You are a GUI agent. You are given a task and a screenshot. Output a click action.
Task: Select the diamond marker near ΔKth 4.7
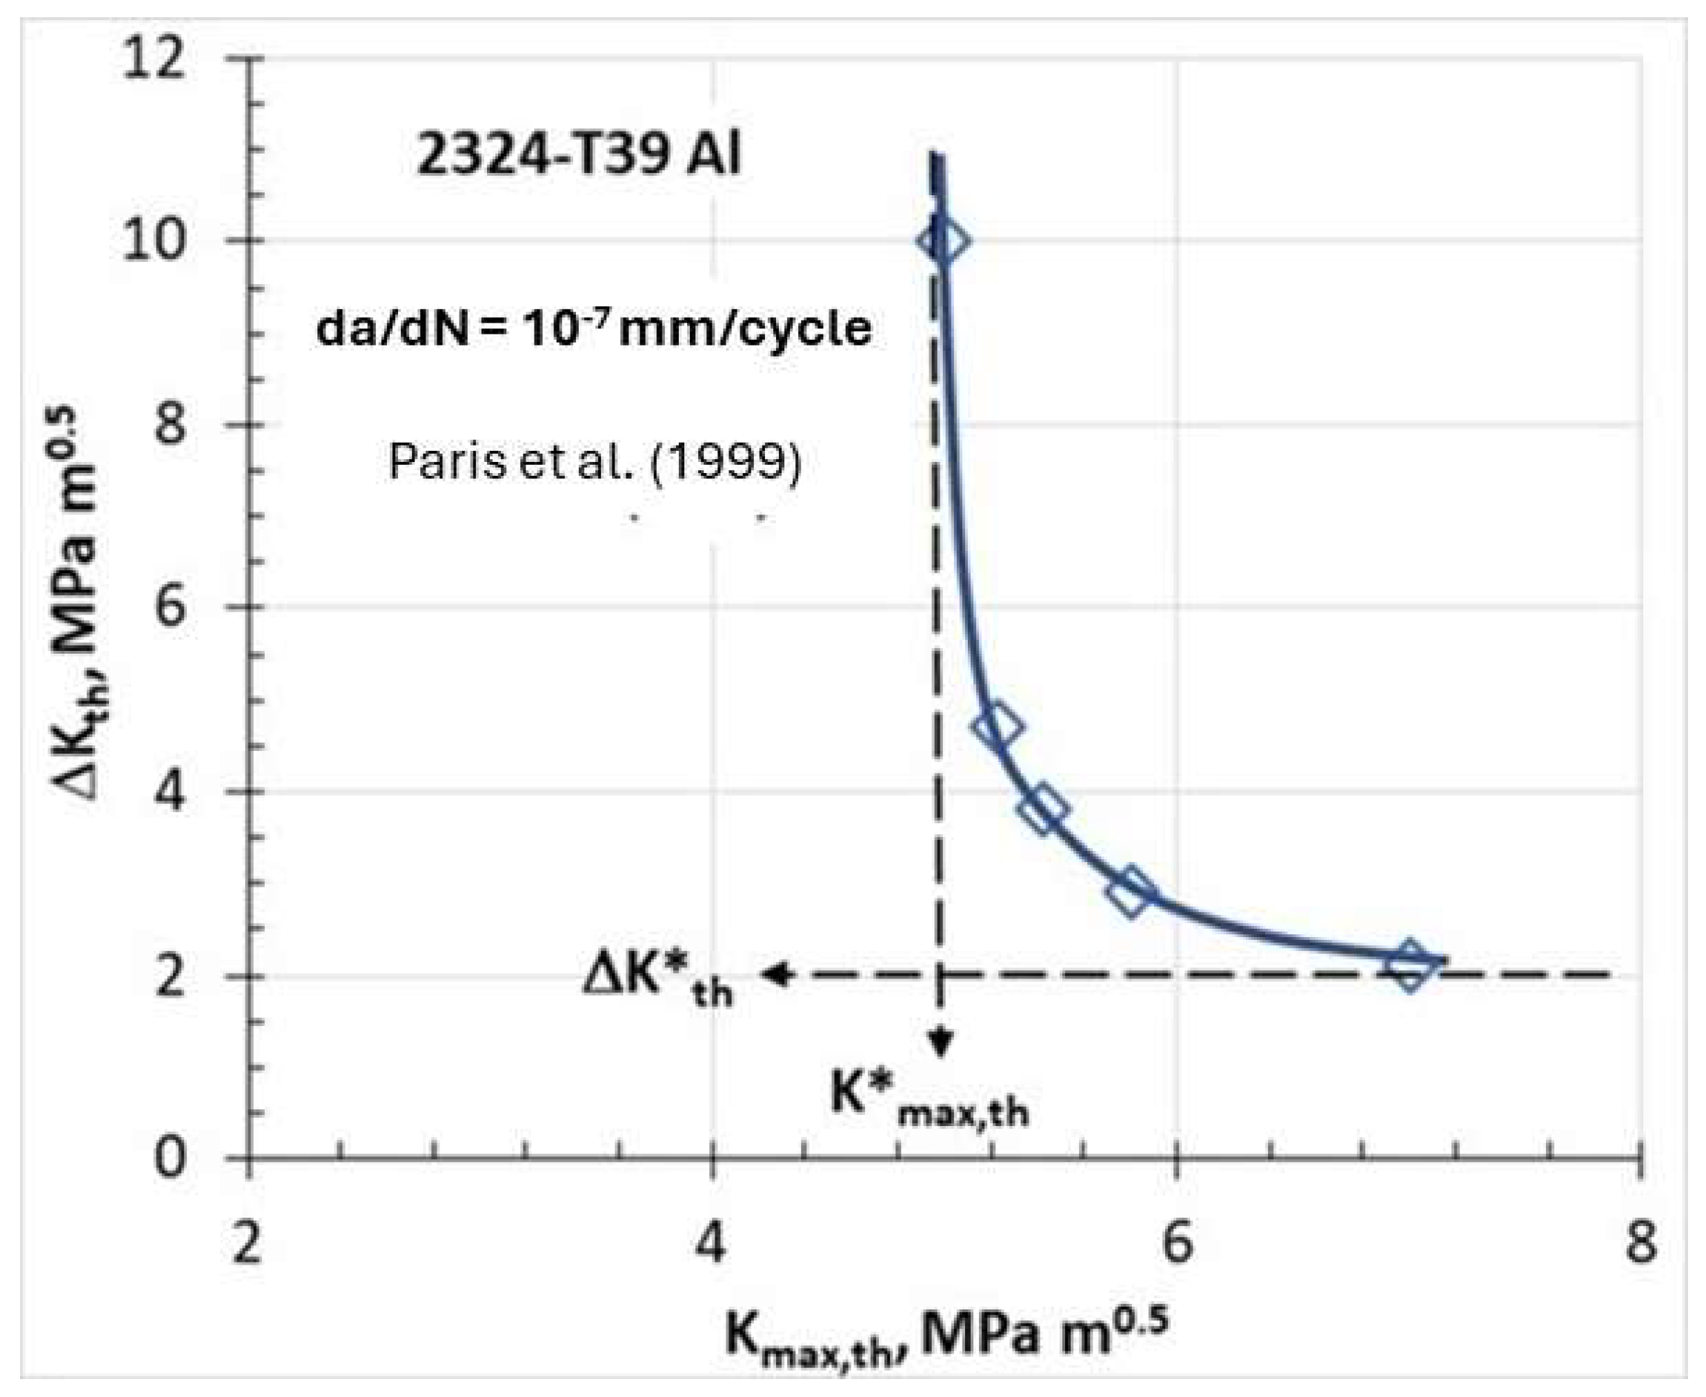[998, 725]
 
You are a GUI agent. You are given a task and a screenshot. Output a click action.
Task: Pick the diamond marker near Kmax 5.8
[1132, 892]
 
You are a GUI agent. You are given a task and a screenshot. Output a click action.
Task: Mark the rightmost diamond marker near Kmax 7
[1410, 965]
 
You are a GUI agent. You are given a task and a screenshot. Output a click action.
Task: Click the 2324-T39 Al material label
[578, 155]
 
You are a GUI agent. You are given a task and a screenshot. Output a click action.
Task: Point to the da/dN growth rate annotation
[593, 328]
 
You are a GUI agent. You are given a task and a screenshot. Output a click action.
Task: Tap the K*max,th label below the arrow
[930, 1099]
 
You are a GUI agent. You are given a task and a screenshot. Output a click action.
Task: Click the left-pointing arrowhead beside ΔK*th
[776, 974]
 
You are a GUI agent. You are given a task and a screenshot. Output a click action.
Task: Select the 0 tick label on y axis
[170, 1159]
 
